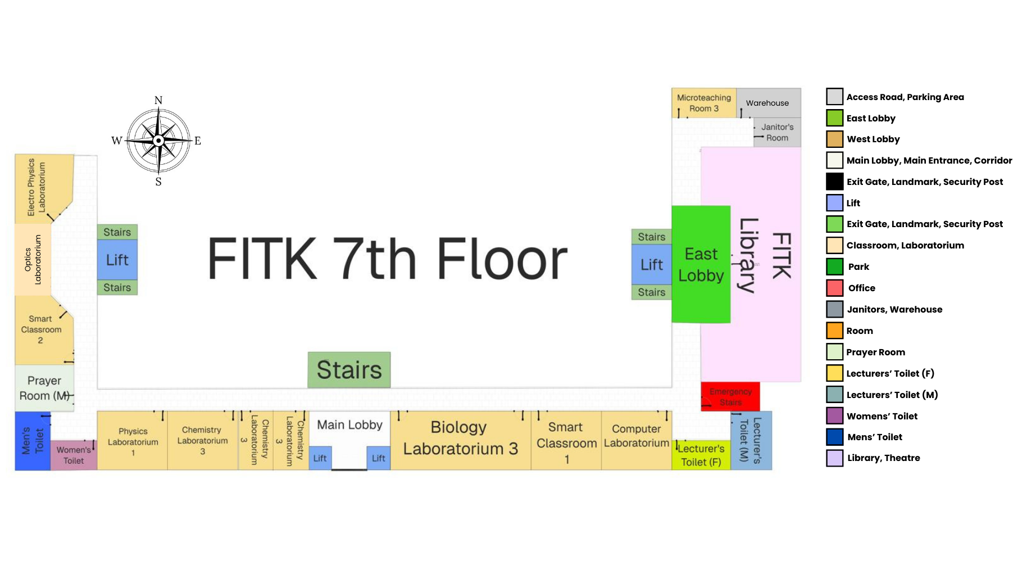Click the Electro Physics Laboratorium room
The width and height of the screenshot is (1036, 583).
(39, 187)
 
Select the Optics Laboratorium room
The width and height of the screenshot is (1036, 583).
(33, 259)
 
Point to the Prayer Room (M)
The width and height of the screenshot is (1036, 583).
(44, 388)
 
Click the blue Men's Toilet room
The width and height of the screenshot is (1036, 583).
(33, 441)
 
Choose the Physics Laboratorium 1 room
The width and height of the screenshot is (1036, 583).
(133, 441)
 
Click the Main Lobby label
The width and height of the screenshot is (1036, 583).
(349, 425)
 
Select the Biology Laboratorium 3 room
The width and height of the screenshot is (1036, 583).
(460, 438)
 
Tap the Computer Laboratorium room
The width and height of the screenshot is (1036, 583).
(636, 436)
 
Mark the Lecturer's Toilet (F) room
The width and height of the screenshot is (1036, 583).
(701, 455)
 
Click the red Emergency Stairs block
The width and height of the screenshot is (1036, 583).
(730, 396)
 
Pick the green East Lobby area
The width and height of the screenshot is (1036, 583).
(701, 264)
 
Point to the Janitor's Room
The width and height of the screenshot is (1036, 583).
(777, 133)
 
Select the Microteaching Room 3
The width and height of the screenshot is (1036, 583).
(703, 103)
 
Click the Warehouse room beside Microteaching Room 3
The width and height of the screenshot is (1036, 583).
(767, 103)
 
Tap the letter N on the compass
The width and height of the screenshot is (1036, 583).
(158, 100)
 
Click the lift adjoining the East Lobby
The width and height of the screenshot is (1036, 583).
(651, 264)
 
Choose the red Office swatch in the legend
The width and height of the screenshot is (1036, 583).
(834, 288)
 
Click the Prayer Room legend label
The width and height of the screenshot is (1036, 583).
(875, 352)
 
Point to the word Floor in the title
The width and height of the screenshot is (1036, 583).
(502, 259)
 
